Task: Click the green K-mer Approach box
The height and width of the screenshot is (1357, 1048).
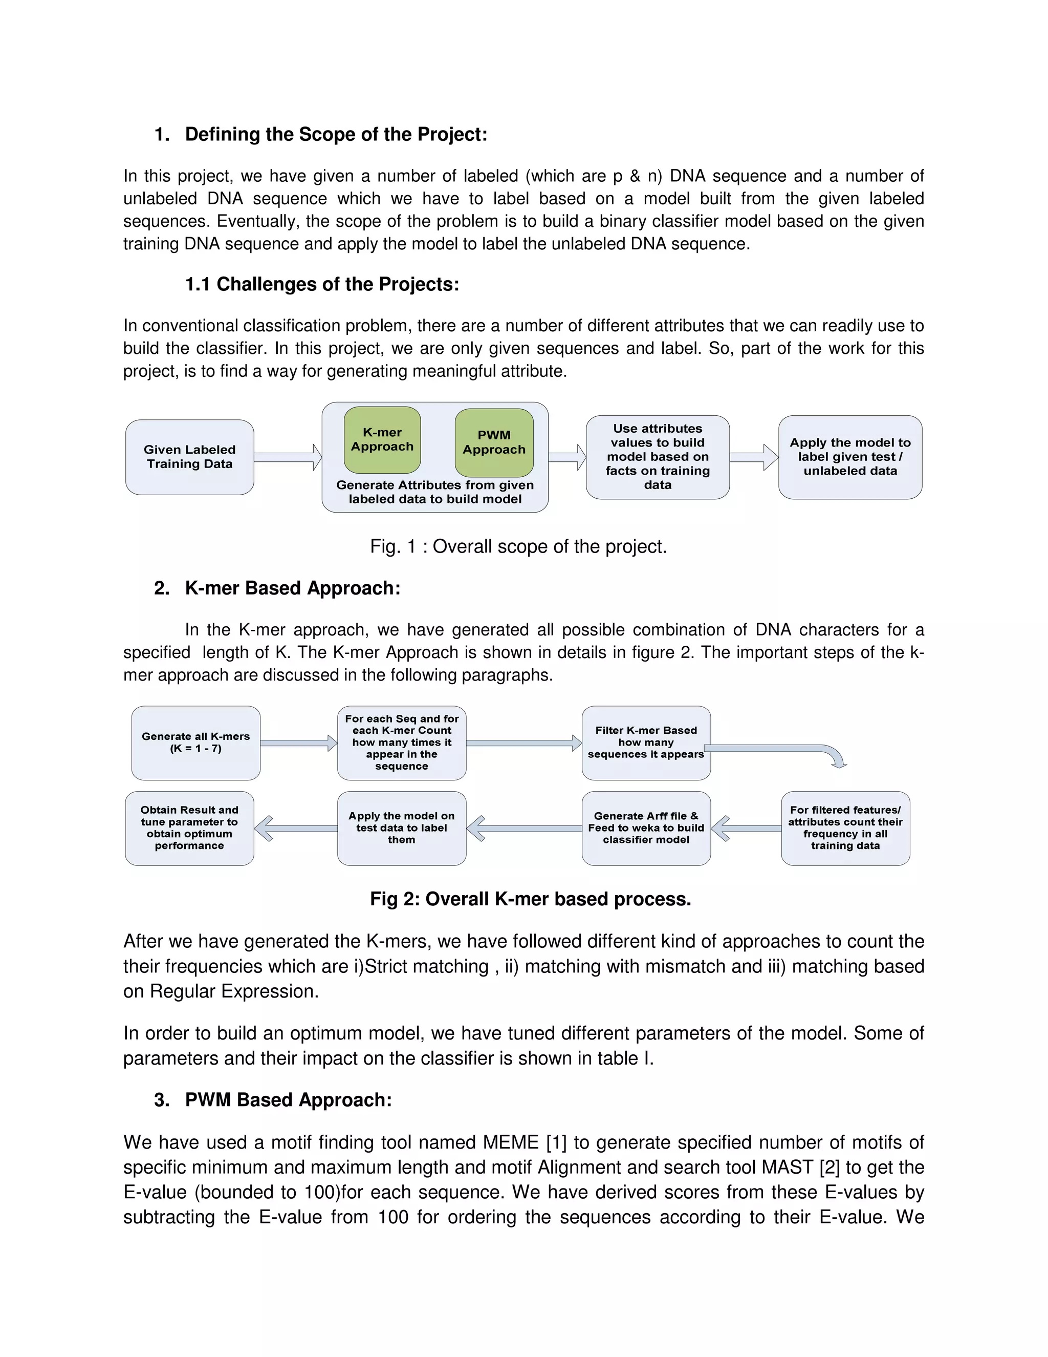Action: coord(382,439)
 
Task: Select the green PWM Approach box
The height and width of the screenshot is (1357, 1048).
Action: coord(494,442)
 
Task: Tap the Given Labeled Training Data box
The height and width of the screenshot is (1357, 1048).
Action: coord(189,457)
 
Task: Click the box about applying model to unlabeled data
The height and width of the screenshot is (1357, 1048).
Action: coord(849,457)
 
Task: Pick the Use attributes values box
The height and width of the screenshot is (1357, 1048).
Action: coord(657,457)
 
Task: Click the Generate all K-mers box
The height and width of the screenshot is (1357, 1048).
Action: coord(195,743)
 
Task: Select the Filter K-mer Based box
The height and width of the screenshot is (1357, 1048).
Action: coord(646,743)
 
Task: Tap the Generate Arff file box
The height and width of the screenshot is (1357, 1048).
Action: coord(646,828)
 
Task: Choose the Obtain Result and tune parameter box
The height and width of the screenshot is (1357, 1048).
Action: coord(189,828)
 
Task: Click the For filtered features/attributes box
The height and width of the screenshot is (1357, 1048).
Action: coord(845,828)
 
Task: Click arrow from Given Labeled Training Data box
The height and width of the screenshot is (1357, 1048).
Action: coord(288,457)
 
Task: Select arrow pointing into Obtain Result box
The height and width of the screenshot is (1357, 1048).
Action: coord(295,828)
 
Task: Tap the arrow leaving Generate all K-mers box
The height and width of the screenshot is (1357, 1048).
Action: coord(298,743)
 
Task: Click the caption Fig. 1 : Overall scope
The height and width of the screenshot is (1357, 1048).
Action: coord(518,546)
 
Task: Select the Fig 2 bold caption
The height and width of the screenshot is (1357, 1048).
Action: coord(530,899)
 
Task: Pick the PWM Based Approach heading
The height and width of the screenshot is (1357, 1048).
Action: coord(288,1100)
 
